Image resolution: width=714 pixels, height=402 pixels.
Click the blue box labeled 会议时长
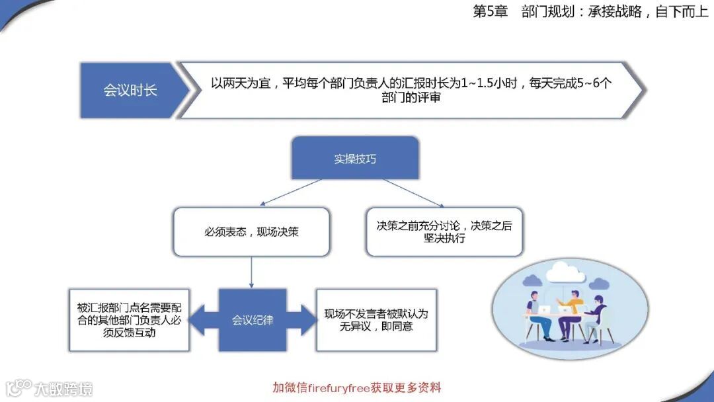[x=130, y=90]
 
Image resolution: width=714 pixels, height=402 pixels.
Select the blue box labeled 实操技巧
[x=355, y=158]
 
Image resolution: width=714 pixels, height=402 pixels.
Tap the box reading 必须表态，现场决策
[x=251, y=232]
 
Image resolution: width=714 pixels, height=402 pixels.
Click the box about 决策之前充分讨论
[x=444, y=232]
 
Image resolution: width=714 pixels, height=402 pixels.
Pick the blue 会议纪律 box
[x=253, y=320]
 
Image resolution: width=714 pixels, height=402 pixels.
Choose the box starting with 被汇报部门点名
[x=129, y=320]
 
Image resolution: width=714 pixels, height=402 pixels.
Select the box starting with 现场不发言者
[x=376, y=320]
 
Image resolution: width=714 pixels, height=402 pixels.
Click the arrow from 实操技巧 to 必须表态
[x=291, y=192]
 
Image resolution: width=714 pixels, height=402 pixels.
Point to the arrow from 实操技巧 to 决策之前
[x=413, y=192]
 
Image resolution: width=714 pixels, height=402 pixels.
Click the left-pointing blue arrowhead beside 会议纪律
[x=201, y=320]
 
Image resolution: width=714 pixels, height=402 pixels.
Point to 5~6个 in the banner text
[x=592, y=84]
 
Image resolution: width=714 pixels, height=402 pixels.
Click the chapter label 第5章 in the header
[x=490, y=12]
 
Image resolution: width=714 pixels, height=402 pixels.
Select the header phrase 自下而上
[x=681, y=12]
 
